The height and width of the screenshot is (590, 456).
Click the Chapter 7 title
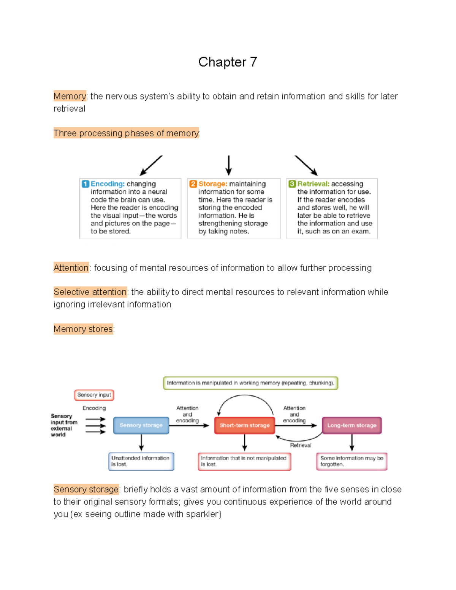coord(228,62)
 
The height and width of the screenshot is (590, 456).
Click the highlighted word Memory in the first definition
coord(70,96)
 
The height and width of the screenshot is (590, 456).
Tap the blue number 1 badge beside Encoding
coord(85,184)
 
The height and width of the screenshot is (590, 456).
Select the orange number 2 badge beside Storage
coord(193,184)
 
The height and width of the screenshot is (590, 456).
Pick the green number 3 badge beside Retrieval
coord(292,184)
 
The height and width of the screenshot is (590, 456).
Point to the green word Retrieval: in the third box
coord(313,184)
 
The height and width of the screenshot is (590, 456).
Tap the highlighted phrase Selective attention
coord(90,292)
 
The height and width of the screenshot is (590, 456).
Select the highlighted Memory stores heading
coord(83,329)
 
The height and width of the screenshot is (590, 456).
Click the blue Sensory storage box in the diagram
coord(141,425)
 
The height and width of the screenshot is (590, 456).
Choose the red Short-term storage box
coord(244,425)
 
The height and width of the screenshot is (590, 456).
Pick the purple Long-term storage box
coord(351,425)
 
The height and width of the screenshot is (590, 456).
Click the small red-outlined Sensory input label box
coord(94,395)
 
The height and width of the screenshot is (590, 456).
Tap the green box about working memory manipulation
coord(250,383)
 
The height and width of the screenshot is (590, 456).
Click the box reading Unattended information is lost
coord(141,461)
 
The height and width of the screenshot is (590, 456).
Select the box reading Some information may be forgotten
coord(351,461)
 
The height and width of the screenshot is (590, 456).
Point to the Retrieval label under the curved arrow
coord(300,445)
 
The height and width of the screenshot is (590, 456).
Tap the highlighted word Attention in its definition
coord(71,268)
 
